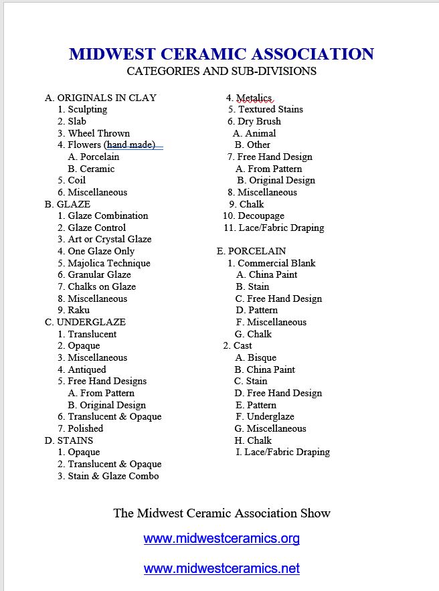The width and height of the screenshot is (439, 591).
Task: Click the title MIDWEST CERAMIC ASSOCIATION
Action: click(x=222, y=54)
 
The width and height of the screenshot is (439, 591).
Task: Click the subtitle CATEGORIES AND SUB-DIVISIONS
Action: click(x=222, y=71)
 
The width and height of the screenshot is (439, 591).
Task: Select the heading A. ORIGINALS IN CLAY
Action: click(x=100, y=98)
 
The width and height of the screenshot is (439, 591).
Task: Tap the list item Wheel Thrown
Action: click(x=98, y=133)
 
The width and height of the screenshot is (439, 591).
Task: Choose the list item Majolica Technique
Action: click(x=108, y=263)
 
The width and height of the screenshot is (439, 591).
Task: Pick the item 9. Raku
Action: click(x=74, y=310)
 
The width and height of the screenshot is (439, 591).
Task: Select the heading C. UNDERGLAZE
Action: click(x=85, y=322)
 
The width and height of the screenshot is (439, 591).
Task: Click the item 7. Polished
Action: click(x=80, y=428)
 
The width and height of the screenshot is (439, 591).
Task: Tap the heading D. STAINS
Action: click(x=69, y=440)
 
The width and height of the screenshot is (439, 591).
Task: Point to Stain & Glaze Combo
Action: click(x=113, y=476)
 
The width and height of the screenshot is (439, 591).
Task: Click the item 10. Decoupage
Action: click(x=254, y=216)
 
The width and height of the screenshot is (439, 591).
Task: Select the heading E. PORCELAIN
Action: click(x=251, y=251)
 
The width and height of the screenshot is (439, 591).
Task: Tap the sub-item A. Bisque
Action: click(x=255, y=357)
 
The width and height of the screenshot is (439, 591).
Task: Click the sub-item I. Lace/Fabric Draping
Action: click(x=282, y=452)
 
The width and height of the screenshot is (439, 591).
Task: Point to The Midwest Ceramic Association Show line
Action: click(x=222, y=513)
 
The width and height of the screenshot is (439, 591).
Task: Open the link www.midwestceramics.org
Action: click(x=222, y=538)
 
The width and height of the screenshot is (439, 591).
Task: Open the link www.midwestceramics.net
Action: click(x=222, y=569)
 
